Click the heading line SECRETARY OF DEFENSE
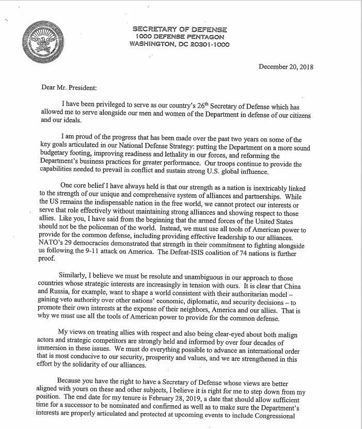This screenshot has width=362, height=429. pyautogui.click(x=180, y=29)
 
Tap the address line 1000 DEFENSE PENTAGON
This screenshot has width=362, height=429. pyautogui.click(x=180, y=37)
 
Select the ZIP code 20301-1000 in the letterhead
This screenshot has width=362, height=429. pyautogui.click(x=207, y=44)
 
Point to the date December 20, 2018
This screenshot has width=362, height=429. pyautogui.click(x=286, y=67)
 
